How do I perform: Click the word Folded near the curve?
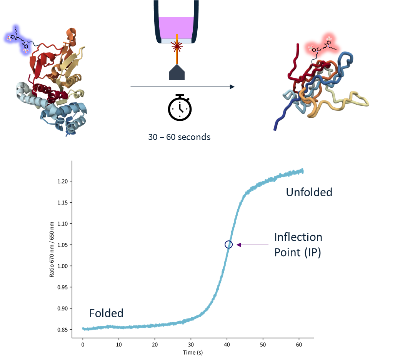pos(106,313)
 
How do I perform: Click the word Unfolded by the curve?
pos(309,192)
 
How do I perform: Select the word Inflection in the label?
pos(298,237)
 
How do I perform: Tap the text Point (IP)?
pos(297,253)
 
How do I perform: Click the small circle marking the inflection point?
pos(228,244)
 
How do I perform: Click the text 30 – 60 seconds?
pos(179,137)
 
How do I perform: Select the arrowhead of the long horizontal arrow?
pos(232,87)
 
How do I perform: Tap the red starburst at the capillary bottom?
pos(177,47)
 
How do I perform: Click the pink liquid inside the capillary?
pos(177,27)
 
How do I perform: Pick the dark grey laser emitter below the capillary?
pos(177,73)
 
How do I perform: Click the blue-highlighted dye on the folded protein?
pos(17,38)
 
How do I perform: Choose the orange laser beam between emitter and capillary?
pos(177,58)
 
